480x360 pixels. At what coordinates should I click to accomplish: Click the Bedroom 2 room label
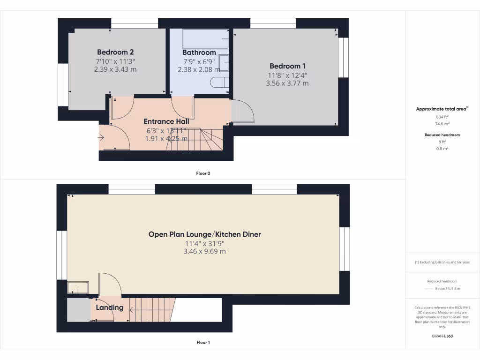point(115,52)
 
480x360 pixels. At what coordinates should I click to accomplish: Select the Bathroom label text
point(199,52)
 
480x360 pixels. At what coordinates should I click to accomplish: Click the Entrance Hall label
point(166,121)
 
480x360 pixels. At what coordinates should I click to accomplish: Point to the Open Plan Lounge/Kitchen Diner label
point(204,234)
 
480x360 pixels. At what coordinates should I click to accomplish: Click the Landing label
point(110,307)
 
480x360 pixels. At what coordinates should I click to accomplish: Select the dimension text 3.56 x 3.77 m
point(287,83)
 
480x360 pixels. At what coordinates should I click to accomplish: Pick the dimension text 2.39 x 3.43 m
point(115,69)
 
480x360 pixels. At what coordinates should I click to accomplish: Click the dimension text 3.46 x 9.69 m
point(204,251)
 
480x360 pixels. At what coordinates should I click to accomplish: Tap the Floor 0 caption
point(203,173)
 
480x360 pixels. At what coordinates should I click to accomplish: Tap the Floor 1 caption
point(203,343)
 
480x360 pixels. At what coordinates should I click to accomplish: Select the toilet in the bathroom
point(219,82)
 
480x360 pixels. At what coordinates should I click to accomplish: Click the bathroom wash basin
point(224,62)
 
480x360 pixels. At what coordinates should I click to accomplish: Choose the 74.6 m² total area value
point(442,124)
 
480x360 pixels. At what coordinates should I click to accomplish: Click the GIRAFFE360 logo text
point(442,336)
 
